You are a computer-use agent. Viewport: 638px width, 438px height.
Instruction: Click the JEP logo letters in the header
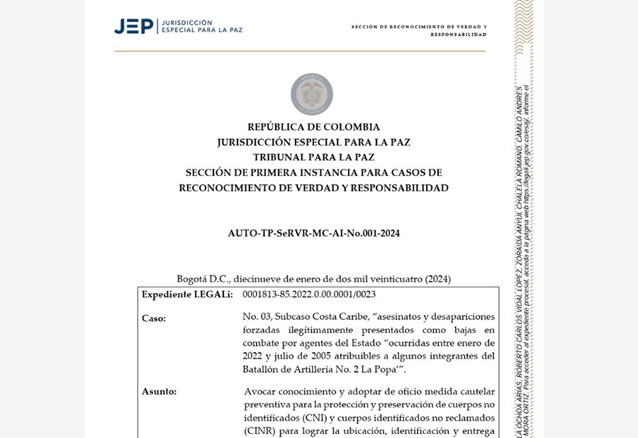tap(133, 26)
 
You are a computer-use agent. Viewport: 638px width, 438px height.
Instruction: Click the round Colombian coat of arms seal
tap(312, 94)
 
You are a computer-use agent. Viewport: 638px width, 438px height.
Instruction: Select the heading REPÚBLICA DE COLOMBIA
tap(313, 127)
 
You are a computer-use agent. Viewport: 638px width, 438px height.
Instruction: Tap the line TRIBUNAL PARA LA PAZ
tap(313, 158)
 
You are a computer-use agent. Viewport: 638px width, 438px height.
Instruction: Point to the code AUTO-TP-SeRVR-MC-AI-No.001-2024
tap(313, 233)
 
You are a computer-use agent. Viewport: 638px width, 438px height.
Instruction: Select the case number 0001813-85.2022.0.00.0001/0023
tap(309, 295)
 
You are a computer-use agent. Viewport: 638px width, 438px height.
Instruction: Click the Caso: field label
tap(154, 318)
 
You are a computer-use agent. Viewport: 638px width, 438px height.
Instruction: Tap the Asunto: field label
tap(159, 391)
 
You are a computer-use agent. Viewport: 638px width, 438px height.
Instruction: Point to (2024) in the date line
tap(437, 279)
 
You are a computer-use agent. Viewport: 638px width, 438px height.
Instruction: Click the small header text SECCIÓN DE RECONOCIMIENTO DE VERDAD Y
tap(418, 27)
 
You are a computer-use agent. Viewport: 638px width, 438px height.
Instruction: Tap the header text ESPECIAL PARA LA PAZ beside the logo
tap(202, 31)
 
